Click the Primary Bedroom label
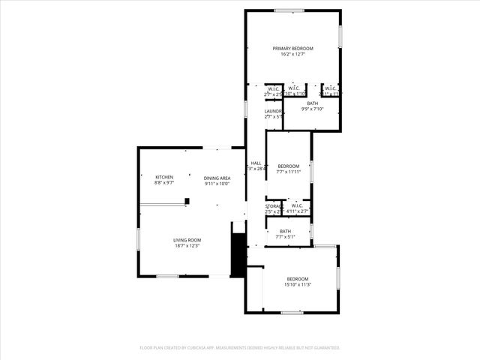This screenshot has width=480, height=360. click(x=292, y=48)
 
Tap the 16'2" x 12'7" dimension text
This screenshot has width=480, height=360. click(x=292, y=54)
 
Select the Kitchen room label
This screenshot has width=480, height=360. click(x=164, y=177)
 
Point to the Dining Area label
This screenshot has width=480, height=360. click(x=217, y=178)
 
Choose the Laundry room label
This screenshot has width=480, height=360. click(x=272, y=111)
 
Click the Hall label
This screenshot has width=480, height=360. click(x=256, y=163)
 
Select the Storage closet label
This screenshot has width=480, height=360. click(x=273, y=205)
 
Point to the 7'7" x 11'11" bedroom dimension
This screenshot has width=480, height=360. click(x=289, y=172)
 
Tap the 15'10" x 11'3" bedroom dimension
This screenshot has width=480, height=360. click(x=298, y=285)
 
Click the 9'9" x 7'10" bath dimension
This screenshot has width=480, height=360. click(x=312, y=109)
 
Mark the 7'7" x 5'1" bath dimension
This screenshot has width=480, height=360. click(x=285, y=237)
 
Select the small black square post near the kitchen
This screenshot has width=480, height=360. click(x=187, y=200)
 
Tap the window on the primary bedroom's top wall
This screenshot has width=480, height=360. click(x=289, y=10)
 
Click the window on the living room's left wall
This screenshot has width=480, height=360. click(x=139, y=238)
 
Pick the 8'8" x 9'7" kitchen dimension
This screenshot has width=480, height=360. click(x=164, y=183)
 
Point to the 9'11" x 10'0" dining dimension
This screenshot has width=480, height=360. click(x=217, y=184)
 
